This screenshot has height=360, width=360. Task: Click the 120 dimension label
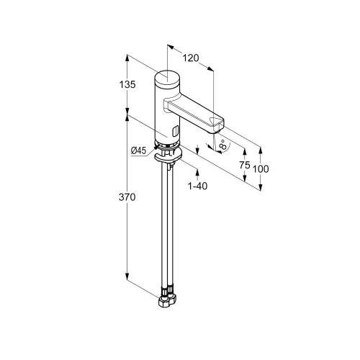tap(191, 58)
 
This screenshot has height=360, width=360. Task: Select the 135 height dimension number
tap(127, 84)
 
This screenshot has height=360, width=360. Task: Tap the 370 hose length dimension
tap(127, 197)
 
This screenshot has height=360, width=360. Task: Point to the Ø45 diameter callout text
tap(138, 150)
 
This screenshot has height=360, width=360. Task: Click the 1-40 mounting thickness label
tap(197, 186)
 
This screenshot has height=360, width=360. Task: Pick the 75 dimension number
tap(245, 165)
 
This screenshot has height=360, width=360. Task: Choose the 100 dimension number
tap(261, 169)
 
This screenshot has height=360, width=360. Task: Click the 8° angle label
tap(223, 145)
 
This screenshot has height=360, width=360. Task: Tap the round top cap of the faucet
tap(167, 77)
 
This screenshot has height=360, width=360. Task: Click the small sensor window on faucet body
tap(176, 131)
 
